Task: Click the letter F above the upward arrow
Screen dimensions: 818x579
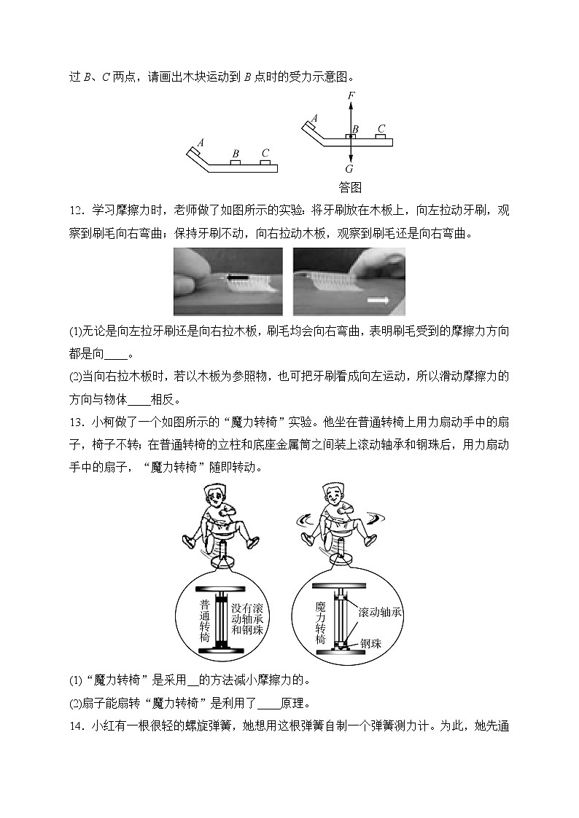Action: [x=351, y=95]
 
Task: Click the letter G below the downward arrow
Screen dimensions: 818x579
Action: [x=350, y=168]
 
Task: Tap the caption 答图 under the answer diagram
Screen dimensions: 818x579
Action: [x=350, y=187]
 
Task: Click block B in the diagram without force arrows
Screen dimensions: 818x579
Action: [x=235, y=162]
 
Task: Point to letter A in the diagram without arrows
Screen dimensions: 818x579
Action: [x=200, y=142]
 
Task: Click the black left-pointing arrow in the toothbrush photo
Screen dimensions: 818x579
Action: [x=233, y=278]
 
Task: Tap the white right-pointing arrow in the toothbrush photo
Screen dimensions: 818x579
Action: [x=376, y=299]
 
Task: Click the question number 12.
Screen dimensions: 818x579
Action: [x=78, y=212]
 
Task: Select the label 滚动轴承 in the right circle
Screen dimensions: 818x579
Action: [x=380, y=612]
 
